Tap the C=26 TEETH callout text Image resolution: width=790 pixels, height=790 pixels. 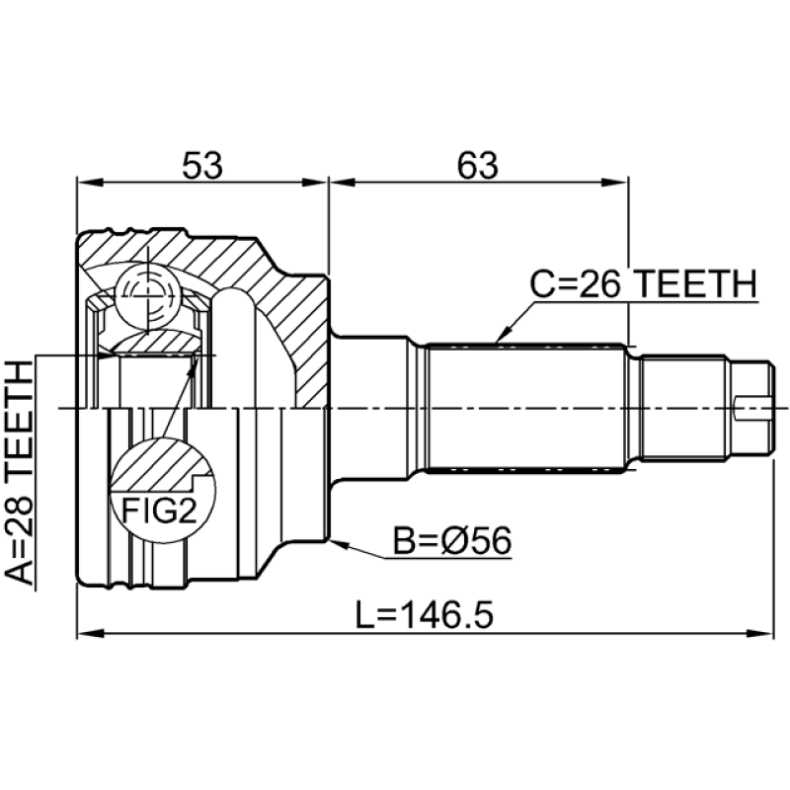point(643,284)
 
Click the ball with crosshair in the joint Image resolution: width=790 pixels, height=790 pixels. point(141,293)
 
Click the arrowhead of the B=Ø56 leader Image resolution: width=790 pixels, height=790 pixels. point(336,541)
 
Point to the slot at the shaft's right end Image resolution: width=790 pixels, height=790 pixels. point(755,404)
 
